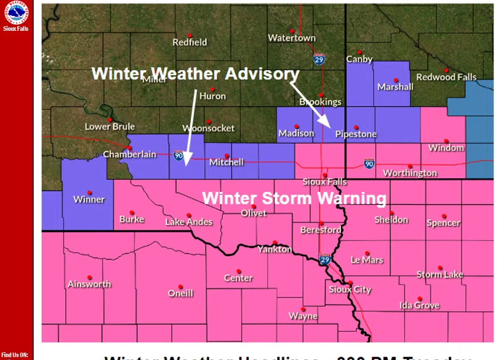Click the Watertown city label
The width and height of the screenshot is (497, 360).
click(292, 38)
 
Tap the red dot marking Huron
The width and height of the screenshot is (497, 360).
click(212, 89)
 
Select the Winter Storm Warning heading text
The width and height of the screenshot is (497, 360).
click(294, 198)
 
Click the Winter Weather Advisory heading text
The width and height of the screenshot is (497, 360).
click(195, 74)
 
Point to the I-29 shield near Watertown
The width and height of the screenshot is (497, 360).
click(320, 59)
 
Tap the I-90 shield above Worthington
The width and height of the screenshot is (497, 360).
click(369, 163)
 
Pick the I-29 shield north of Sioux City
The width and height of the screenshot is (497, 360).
click(324, 260)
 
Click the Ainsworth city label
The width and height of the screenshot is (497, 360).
click(89, 284)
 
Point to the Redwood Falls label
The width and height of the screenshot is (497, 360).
click(446, 77)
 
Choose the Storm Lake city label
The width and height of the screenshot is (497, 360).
click(439, 275)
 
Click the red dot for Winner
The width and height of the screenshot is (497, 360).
click(89, 193)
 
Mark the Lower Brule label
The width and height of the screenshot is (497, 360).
click(110, 126)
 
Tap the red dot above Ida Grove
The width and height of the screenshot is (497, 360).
click(419, 298)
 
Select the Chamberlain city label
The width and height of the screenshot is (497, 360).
click(129, 154)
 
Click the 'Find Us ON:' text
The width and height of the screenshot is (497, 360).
click(15, 355)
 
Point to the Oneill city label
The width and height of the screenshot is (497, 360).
click(180, 294)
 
